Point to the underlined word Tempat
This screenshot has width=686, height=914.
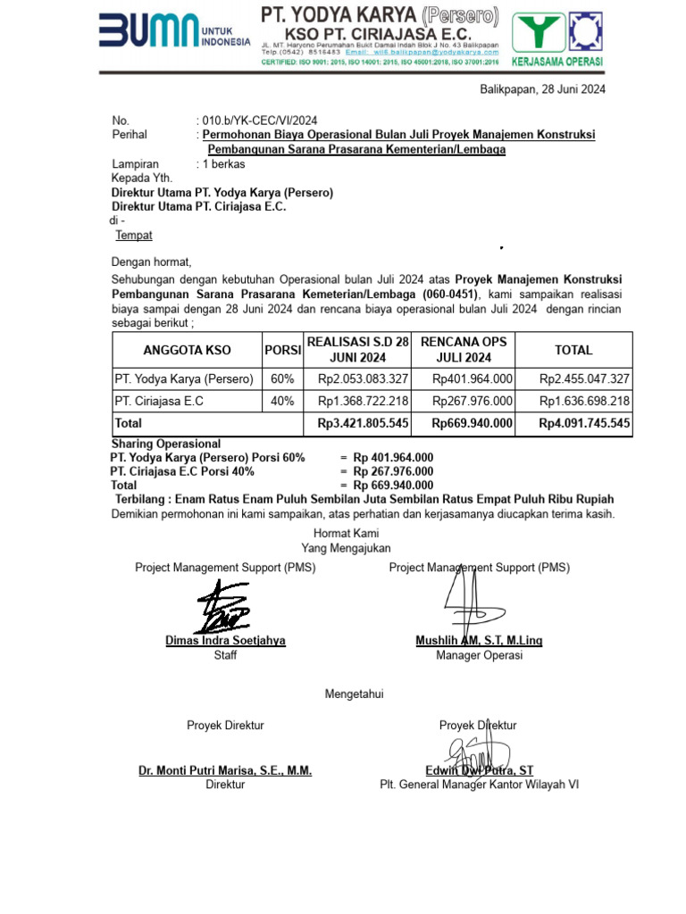134,236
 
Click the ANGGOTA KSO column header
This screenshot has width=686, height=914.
187,350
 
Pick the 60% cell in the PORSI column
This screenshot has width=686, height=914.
282,379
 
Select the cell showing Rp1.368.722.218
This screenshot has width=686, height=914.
364,402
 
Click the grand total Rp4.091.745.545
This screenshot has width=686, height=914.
584,423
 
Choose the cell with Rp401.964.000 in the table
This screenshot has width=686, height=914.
473,379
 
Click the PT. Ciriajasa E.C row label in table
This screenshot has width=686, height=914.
160,402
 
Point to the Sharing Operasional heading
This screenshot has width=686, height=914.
165,444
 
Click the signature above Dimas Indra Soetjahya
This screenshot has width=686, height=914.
223,607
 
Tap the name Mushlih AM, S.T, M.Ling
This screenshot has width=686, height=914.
479,641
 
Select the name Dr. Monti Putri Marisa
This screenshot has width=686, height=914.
225,770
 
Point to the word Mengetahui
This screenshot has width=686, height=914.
354,694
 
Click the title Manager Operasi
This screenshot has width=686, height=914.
479,655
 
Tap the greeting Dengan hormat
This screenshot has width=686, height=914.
151,262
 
